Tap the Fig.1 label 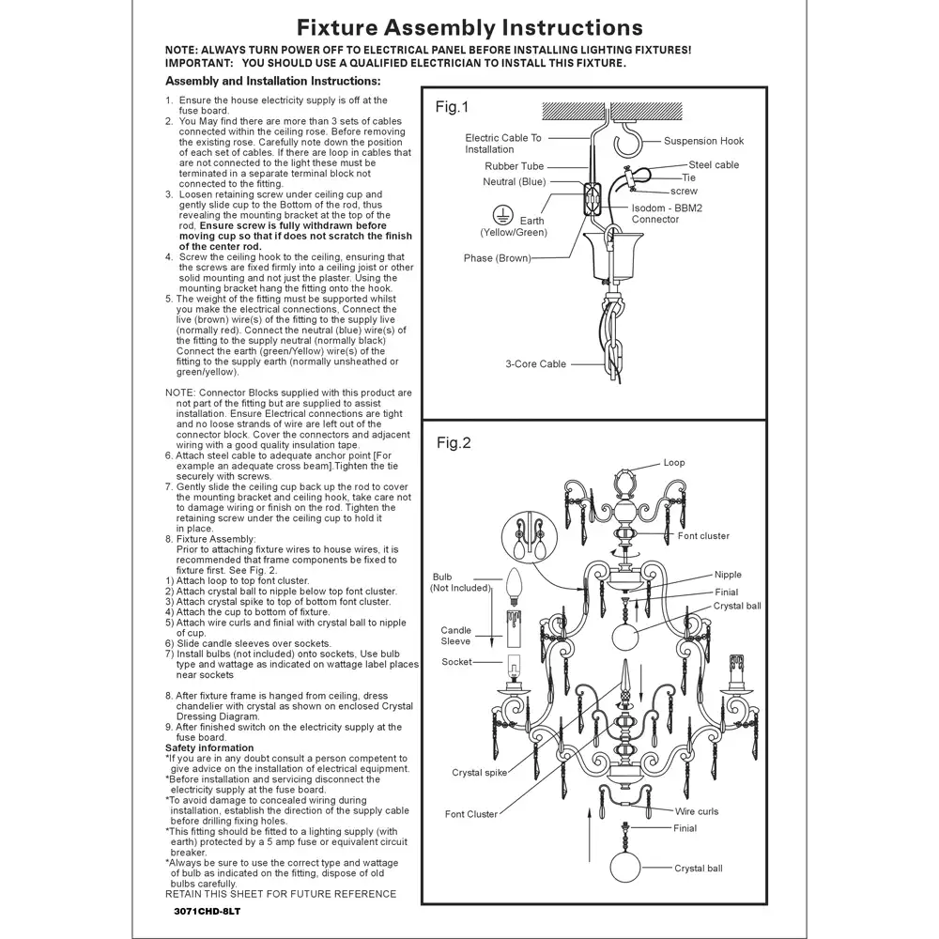(452, 108)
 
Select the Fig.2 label (454, 442)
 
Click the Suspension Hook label (703, 141)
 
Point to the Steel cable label (714, 165)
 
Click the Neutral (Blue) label (514, 182)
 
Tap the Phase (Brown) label (497, 258)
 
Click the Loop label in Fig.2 (674, 463)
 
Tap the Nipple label (727, 575)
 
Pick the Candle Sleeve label (456, 636)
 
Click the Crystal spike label (479, 773)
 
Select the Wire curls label (696, 811)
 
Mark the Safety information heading (209, 748)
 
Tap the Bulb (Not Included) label (459, 582)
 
